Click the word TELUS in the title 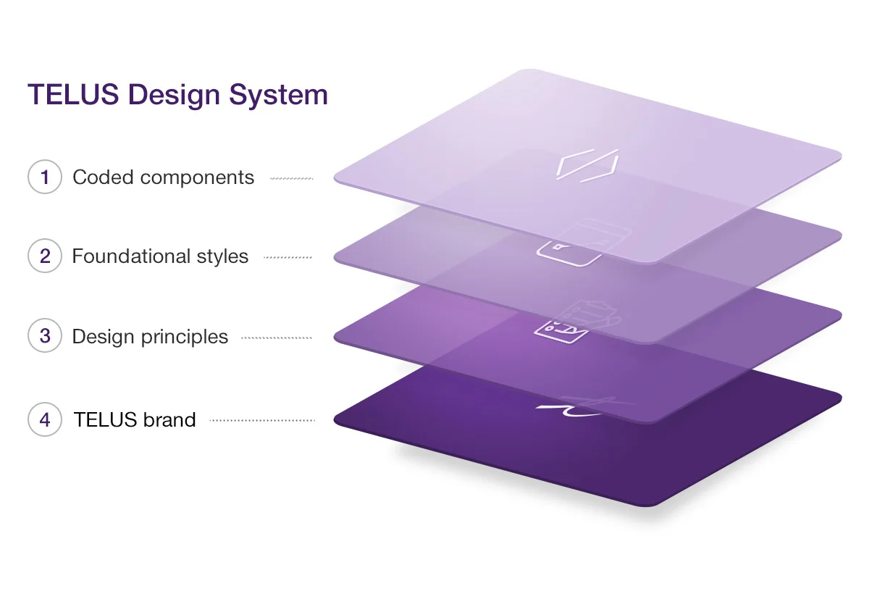(x=73, y=94)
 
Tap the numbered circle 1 (x=45, y=177)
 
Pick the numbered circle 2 (x=45, y=256)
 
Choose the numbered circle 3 (x=45, y=335)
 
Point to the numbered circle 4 (x=45, y=419)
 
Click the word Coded (x=103, y=177)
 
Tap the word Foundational (x=131, y=256)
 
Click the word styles (x=222, y=257)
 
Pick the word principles (x=184, y=338)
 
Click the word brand (x=169, y=419)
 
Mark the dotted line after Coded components (x=292, y=178)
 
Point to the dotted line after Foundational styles (x=287, y=257)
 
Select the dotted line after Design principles (x=277, y=338)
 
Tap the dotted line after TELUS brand (x=262, y=420)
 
